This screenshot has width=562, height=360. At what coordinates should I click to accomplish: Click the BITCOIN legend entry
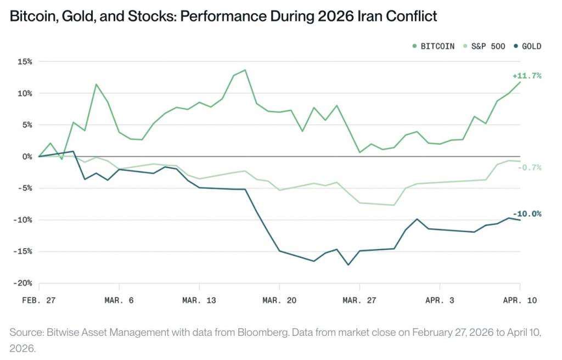point(434,46)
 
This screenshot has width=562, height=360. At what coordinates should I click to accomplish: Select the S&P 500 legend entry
point(485,46)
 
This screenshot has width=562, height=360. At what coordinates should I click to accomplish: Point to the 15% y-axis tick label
point(25,61)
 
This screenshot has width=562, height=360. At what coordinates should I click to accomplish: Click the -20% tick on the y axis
point(23,283)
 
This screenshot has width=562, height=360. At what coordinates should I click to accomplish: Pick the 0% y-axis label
point(27,156)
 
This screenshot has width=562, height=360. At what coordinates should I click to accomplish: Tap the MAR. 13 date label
point(199,300)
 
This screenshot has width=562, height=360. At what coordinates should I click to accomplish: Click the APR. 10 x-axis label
point(520,300)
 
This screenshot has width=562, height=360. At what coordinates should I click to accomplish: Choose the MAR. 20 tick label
point(279,300)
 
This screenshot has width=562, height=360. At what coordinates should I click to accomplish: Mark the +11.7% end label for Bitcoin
point(527,76)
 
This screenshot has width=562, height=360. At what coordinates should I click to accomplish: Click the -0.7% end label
point(529,167)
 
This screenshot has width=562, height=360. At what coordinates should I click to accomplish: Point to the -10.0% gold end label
point(527,214)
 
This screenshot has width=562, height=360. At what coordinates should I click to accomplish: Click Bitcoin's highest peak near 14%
point(245,70)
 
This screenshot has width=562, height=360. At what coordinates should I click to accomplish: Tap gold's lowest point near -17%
point(348,265)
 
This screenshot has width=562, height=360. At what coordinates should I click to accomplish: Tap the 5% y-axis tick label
point(27,125)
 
